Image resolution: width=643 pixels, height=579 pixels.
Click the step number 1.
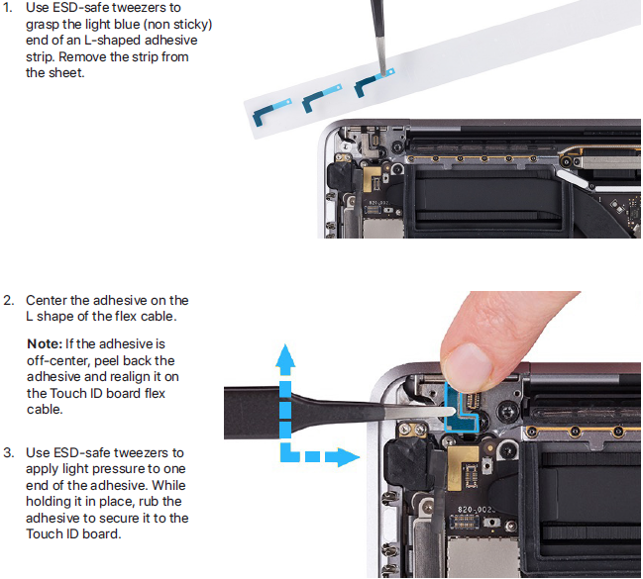[8, 8]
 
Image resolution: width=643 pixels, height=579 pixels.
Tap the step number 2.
[8, 300]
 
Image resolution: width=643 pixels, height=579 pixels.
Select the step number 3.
[8, 452]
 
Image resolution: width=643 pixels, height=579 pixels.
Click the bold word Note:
[45, 343]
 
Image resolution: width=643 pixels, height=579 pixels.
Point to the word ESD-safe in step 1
[81, 8]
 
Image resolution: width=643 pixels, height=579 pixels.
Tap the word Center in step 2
[47, 300]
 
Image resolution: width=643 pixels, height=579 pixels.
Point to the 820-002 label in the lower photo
[476, 510]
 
